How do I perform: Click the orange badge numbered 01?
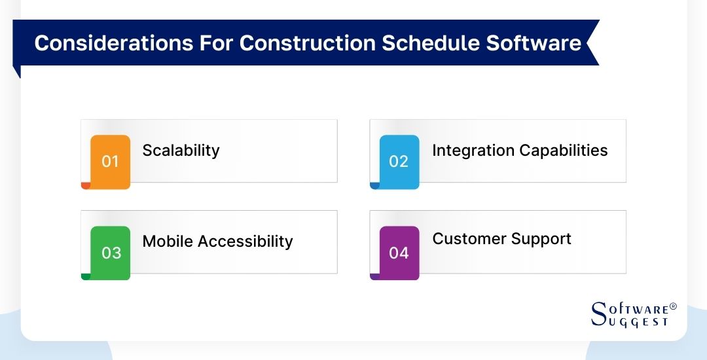[x=110, y=161]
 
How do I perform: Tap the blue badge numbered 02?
[x=399, y=161]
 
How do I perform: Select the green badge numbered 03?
[x=111, y=253]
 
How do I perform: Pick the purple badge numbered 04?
[x=399, y=253]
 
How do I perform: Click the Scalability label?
[x=181, y=151]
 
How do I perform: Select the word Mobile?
[x=168, y=242]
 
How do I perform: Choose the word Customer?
[x=467, y=239]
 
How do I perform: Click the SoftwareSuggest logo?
[x=633, y=314]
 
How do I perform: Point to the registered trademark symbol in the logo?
[x=674, y=306]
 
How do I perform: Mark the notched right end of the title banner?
[x=592, y=43]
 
